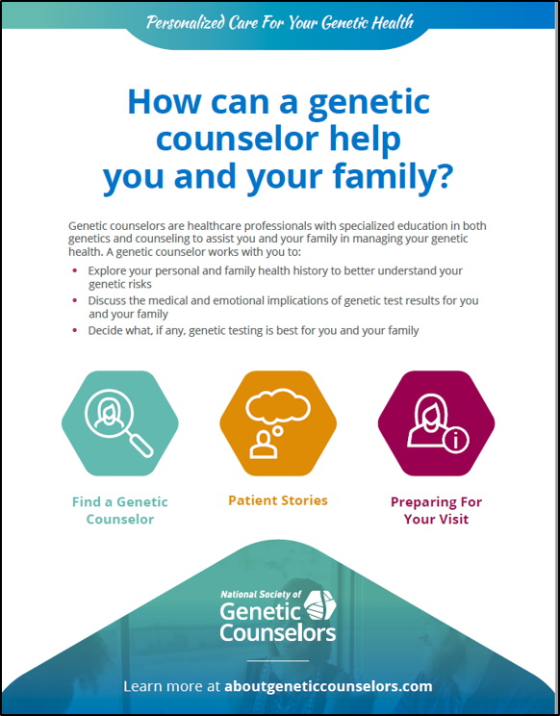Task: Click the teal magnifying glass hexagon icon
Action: coord(120,423)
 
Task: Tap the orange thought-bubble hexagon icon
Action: coord(278,423)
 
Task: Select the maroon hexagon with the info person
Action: coord(436,423)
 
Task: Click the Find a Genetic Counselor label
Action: coord(120,510)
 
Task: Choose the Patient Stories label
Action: coord(278,500)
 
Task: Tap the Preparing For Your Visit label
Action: coord(436,510)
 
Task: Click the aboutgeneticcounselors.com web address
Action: coord(328,686)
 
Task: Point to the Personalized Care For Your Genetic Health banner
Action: coord(280,22)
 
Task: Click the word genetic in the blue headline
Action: coord(369,103)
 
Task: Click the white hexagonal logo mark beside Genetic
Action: coord(320,605)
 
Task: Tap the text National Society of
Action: coord(261,595)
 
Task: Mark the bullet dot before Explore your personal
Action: coord(75,270)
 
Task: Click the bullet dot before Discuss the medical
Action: coord(75,300)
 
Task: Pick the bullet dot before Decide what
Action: coord(75,330)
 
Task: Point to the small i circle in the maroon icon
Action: coord(455,441)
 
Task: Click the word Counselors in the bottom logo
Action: coord(278,632)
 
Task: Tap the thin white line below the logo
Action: coord(278,660)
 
